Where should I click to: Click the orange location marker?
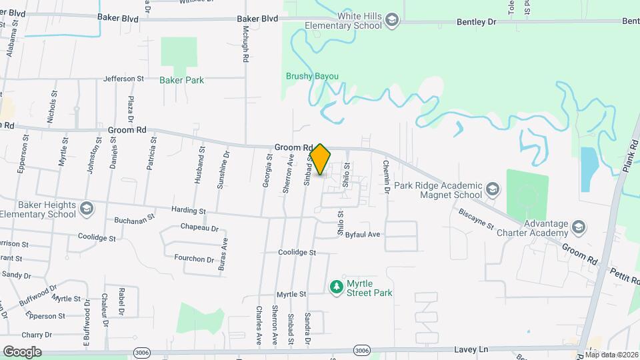tap(320, 159)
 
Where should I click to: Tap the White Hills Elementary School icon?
tap(393, 21)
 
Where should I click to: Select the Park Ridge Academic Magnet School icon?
tap(492, 190)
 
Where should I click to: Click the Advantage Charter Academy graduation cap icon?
tap(579, 228)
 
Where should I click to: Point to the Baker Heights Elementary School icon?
tap(86, 209)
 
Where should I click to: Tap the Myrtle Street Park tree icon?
tap(337, 287)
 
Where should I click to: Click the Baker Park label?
tap(181, 80)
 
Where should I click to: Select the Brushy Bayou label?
tap(312, 77)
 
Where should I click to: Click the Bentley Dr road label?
tap(477, 22)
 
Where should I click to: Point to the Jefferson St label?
tap(123, 79)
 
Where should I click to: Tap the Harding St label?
tap(189, 211)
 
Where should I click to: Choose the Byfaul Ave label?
tap(363, 235)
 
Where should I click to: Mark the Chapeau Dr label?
tap(199, 227)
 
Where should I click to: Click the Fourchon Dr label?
tap(193, 258)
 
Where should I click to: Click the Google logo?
tap(22, 351)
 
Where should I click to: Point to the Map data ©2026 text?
tap(611, 355)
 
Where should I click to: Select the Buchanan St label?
tap(134, 218)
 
